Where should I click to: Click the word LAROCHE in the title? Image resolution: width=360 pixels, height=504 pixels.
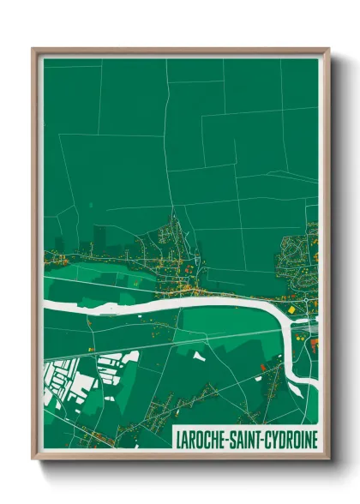(x=203, y=439)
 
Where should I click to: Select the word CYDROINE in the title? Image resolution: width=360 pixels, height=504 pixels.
(x=292, y=439)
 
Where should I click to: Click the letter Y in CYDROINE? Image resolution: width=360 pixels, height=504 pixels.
(x=279, y=439)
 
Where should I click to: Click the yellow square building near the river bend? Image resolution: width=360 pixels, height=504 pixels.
(x=291, y=309)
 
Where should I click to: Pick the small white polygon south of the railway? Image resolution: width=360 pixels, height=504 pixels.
(x=199, y=354)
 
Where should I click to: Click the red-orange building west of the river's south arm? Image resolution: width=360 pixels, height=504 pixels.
(x=264, y=369)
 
